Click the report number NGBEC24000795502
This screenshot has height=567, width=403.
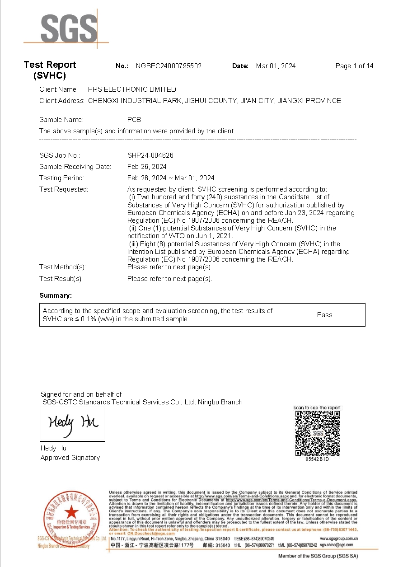click(169, 66)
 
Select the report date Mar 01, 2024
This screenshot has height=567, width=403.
click(276, 66)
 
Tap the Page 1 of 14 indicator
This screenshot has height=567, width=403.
click(354, 66)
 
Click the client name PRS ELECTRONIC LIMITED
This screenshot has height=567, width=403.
click(132, 89)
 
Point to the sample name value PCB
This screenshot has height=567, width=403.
click(134, 120)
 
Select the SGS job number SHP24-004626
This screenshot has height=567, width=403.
click(150, 155)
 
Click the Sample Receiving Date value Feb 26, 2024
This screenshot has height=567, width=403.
click(147, 167)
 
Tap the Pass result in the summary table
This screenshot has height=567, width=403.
click(324, 315)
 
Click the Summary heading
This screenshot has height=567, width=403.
click(56, 295)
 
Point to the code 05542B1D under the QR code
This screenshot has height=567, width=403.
click(317, 459)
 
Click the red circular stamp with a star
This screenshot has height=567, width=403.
click(70, 513)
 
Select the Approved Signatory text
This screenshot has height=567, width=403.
click(70, 458)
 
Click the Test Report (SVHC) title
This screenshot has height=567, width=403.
click(50, 70)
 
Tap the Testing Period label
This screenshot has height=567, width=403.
click(61, 178)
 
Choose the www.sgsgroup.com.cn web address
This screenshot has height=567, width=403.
click(339, 539)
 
